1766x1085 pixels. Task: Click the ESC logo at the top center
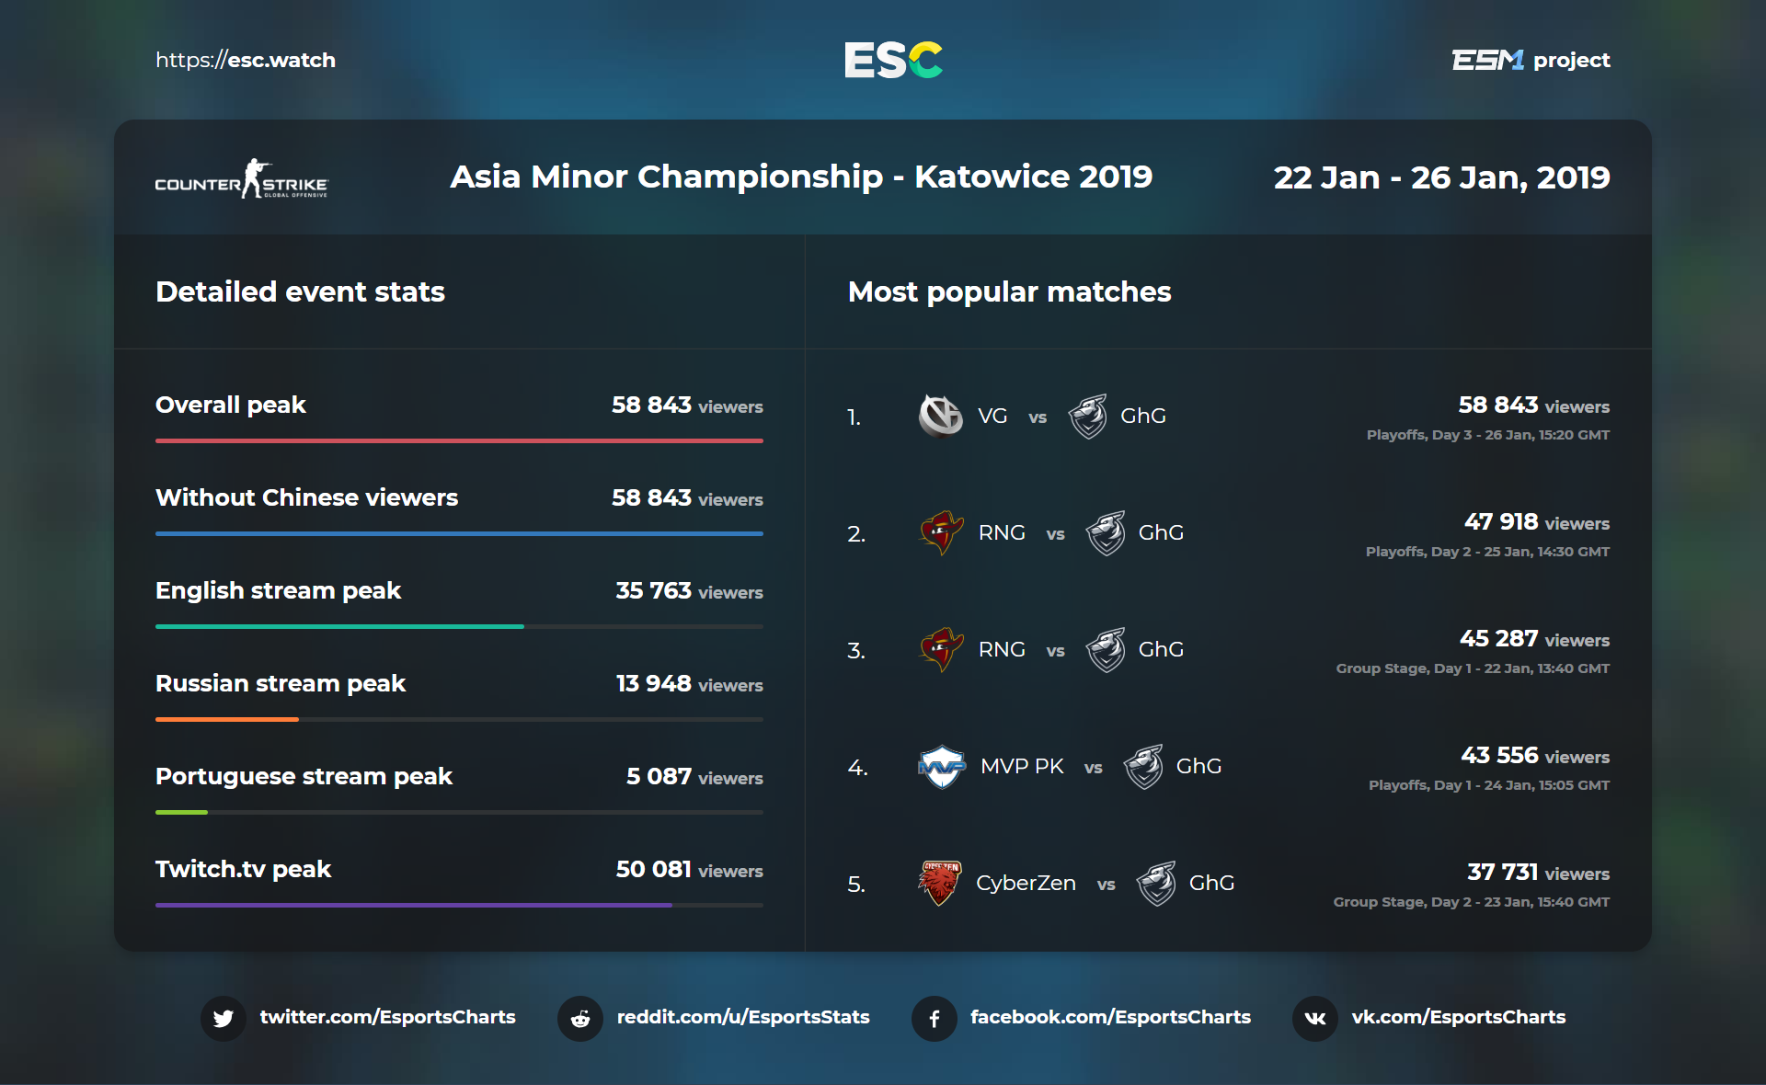click(x=893, y=60)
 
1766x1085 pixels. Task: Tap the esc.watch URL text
click(x=246, y=61)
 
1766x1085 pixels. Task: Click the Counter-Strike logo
click(x=241, y=179)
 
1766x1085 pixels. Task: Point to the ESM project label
click(x=1531, y=61)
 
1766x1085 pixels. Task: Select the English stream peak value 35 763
click(x=653, y=590)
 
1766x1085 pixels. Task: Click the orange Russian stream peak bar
click(x=227, y=719)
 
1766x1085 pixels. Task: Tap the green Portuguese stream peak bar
click(x=182, y=812)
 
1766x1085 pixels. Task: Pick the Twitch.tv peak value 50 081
click(x=653, y=869)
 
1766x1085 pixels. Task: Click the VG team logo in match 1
click(x=940, y=417)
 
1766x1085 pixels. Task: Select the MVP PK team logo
click(x=942, y=767)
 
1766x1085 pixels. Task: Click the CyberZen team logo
click(x=940, y=883)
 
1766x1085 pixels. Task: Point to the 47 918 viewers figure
click(x=1501, y=522)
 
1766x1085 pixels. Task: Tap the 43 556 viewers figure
click(x=1499, y=756)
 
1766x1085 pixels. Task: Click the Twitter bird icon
click(x=224, y=1018)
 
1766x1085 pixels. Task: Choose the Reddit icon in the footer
click(x=580, y=1018)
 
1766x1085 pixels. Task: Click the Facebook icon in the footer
click(x=935, y=1018)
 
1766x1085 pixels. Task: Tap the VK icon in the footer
click(x=1315, y=1018)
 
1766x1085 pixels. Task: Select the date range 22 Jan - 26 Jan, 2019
click(x=1441, y=177)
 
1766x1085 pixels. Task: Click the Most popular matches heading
click(x=1009, y=291)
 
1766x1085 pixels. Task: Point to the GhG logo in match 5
click(x=1156, y=884)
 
